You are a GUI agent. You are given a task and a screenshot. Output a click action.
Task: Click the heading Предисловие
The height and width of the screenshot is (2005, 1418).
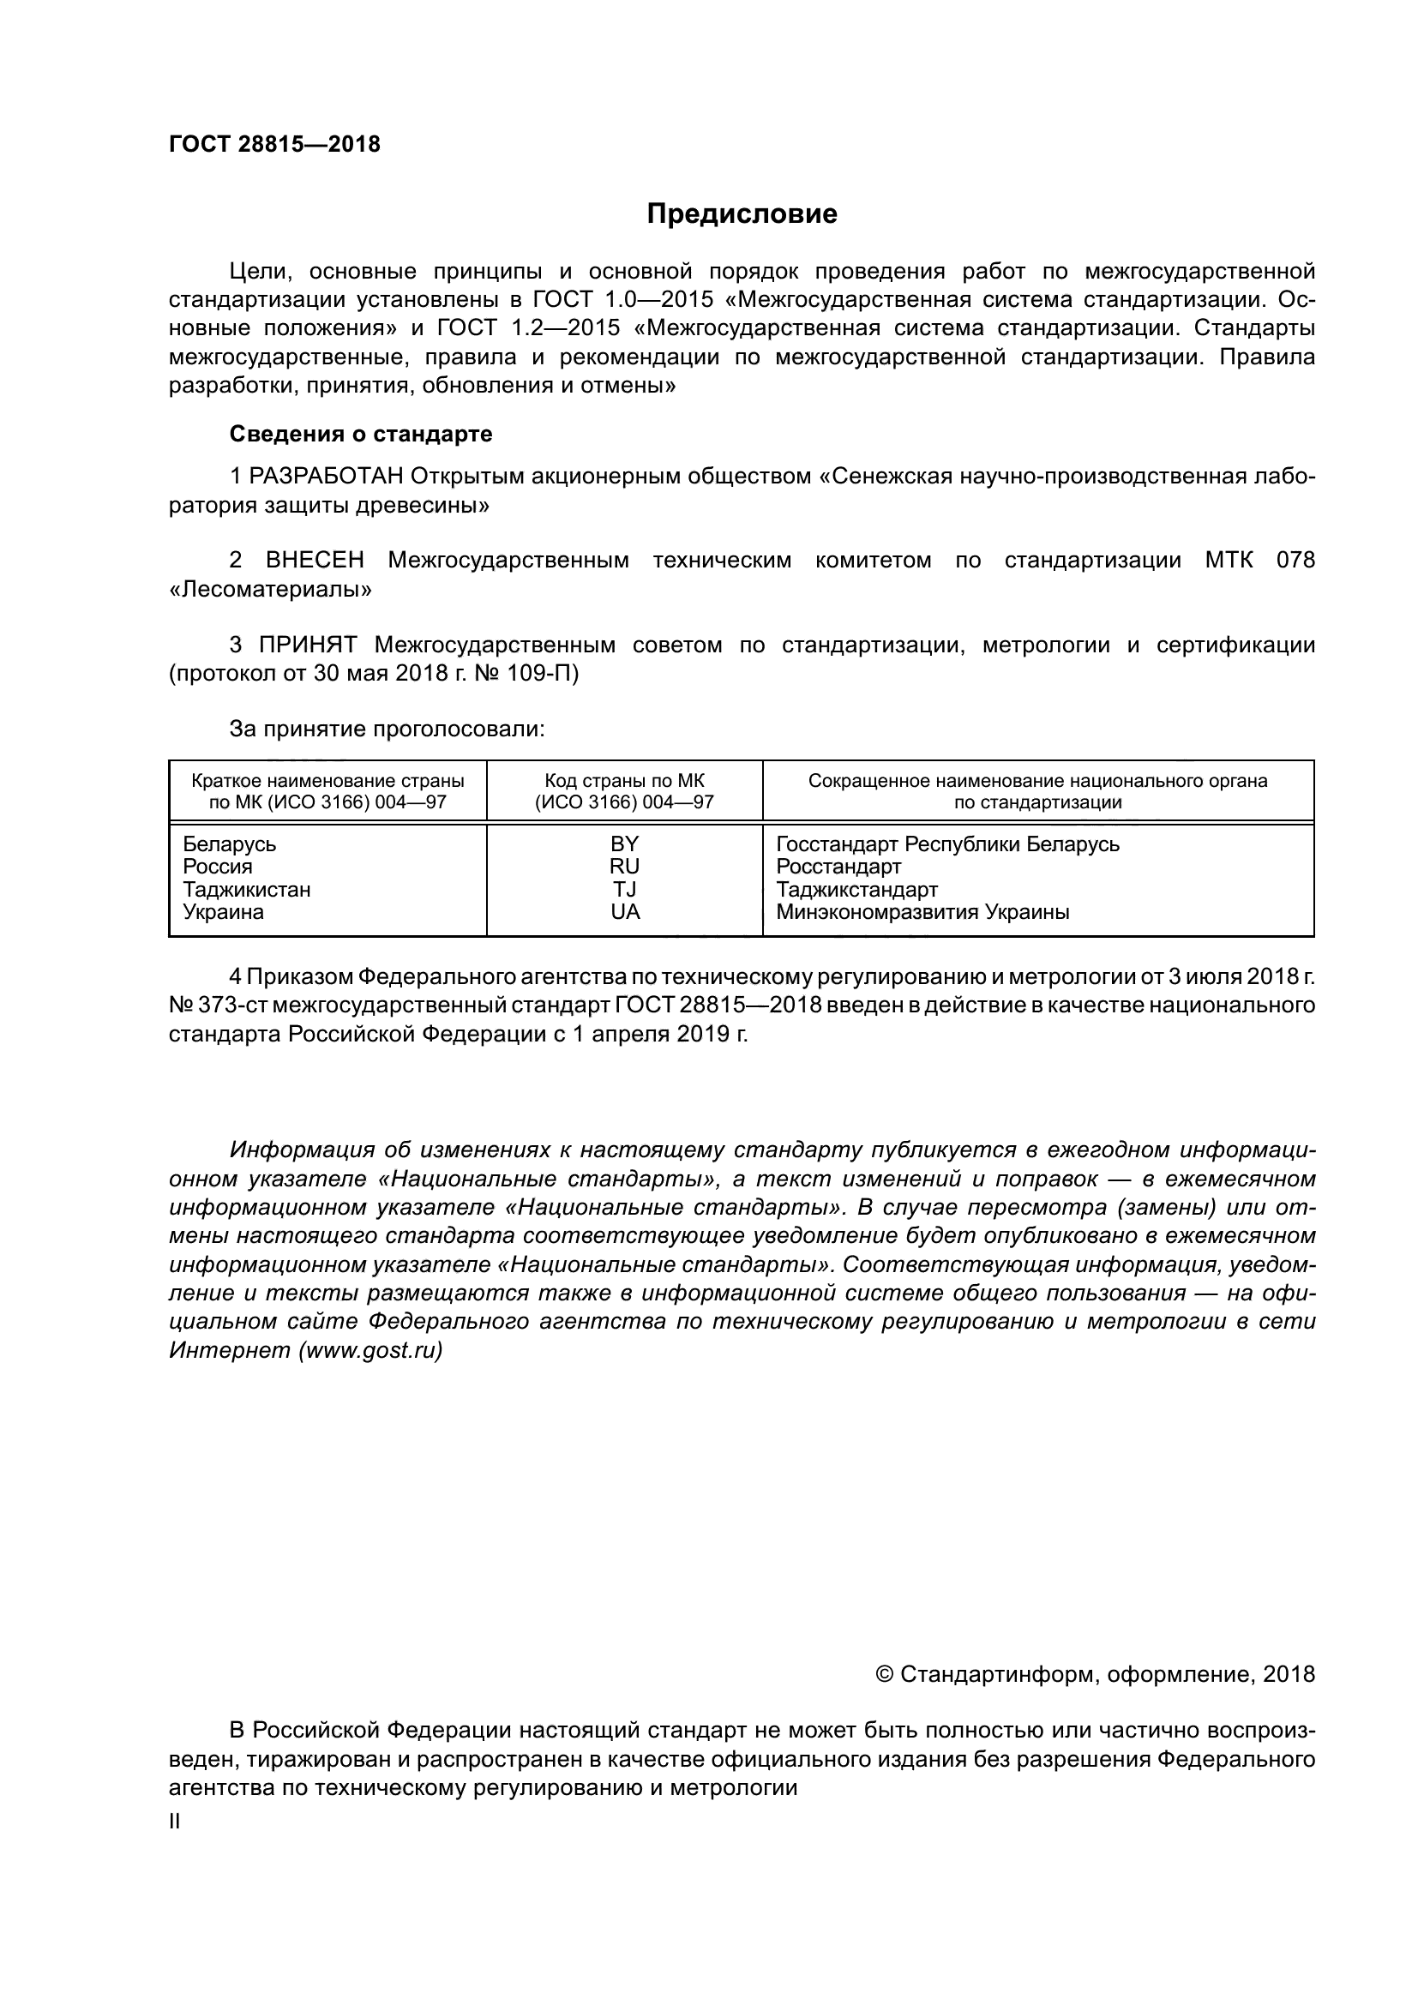pos(742,214)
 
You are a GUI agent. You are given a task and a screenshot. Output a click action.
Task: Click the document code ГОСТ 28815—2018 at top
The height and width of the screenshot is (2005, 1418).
pos(274,145)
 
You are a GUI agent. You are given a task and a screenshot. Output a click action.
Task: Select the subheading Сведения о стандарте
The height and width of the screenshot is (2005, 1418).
pos(361,434)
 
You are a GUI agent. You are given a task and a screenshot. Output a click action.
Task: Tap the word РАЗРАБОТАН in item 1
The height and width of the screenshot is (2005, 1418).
pos(326,477)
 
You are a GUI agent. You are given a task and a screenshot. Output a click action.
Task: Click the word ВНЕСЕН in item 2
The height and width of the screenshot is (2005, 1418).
pos(315,561)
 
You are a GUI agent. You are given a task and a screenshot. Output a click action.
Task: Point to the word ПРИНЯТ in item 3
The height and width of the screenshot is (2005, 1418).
pos(308,645)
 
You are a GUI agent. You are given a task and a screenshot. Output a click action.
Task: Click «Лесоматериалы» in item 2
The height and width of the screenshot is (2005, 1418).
pos(270,590)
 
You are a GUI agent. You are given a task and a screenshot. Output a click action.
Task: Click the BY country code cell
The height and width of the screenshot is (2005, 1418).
pos(624,843)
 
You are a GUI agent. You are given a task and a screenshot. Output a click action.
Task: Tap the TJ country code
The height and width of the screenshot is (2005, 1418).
pos(624,889)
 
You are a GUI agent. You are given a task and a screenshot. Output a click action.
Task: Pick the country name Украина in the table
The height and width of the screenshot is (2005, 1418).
pos(223,912)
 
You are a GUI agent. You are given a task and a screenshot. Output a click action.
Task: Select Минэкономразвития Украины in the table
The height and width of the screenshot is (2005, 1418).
pos(922,912)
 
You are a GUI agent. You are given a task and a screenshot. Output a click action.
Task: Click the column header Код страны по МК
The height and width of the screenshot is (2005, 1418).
pos(624,781)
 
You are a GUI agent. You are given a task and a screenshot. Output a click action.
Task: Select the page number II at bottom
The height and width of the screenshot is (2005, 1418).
pos(175,1822)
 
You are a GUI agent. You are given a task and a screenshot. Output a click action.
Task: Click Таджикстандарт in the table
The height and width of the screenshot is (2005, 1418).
pos(856,889)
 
